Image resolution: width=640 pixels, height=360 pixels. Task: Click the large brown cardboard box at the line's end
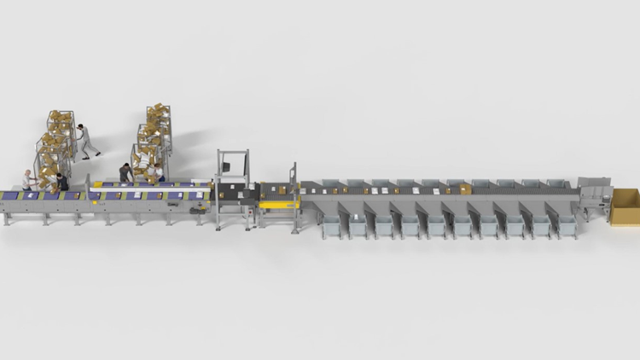point(625,207)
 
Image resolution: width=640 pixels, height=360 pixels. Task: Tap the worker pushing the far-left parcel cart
point(84,140)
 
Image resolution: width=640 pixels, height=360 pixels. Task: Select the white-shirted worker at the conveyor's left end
point(28,180)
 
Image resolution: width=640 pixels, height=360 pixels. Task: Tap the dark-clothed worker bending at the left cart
point(61,182)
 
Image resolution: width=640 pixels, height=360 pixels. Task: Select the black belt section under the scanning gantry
point(233,195)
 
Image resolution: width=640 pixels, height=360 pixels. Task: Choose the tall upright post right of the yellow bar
point(295,196)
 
